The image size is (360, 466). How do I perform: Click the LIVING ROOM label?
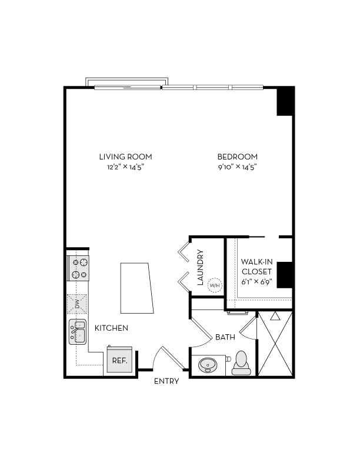pos(125,157)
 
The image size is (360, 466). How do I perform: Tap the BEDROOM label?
pos(238,157)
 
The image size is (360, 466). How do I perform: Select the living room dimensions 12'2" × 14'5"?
pos(125,168)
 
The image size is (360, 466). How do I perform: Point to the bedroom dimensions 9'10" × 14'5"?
pos(238,168)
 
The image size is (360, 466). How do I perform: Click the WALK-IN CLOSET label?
pos(256,267)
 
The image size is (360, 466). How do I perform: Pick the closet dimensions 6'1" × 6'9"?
pos(256,282)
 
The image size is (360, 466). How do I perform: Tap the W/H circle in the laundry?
pos(215,285)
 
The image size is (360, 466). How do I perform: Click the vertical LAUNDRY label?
pos(200,268)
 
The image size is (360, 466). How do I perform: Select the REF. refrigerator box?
pos(120,360)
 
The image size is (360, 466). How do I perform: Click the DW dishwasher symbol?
pos(77,304)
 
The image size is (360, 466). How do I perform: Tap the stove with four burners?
pos(79,268)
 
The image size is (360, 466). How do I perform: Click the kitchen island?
pos(137,288)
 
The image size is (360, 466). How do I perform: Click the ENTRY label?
pos(166,381)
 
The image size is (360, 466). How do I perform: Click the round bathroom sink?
pos(208,365)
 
